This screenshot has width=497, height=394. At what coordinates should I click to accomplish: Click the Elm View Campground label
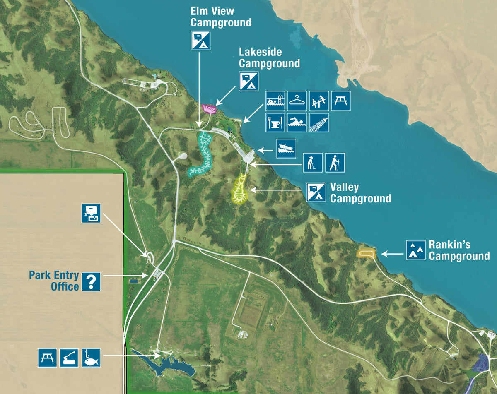click(x=220, y=16)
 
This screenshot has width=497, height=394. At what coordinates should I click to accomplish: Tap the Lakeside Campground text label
click(x=269, y=58)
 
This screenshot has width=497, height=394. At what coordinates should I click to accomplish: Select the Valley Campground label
click(x=360, y=193)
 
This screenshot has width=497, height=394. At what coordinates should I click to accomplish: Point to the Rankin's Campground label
click(x=459, y=250)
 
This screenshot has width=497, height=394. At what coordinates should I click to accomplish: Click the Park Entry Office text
click(x=54, y=281)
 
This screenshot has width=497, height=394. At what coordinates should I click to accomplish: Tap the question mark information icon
click(x=91, y=281)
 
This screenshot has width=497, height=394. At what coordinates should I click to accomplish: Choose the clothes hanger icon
click(x=297, y=101)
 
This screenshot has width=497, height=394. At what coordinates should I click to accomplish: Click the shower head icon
click(x=319, y=123)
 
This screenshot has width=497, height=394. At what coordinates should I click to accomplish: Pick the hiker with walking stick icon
click(x=335, y=163)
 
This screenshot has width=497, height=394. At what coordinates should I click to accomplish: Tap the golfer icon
click(x=313, y=163)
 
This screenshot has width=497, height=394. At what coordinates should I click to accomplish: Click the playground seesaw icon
click(x=319, y=101)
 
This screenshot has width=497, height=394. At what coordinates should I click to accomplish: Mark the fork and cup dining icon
click(x=275, y=123)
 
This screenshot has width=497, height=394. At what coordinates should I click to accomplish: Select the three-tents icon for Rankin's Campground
click(x=415, y=250)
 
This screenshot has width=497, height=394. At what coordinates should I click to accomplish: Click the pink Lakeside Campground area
click(x=210, y=109)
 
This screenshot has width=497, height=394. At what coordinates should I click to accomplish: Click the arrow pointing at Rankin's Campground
click(x=391, y=253)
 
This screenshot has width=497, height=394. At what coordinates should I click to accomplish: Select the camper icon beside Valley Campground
click(x=316, y=192)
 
